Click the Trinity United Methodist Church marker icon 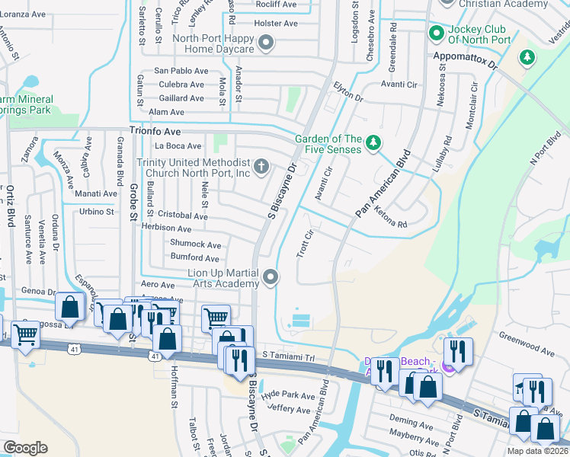261,165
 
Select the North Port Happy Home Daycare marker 265,43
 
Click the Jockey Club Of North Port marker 436,33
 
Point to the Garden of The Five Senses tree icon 373,142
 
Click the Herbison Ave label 167,228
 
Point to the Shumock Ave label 195,244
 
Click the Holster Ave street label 276,24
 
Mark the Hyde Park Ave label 287,397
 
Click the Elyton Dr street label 347,94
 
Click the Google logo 24,448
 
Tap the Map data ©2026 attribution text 537,451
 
